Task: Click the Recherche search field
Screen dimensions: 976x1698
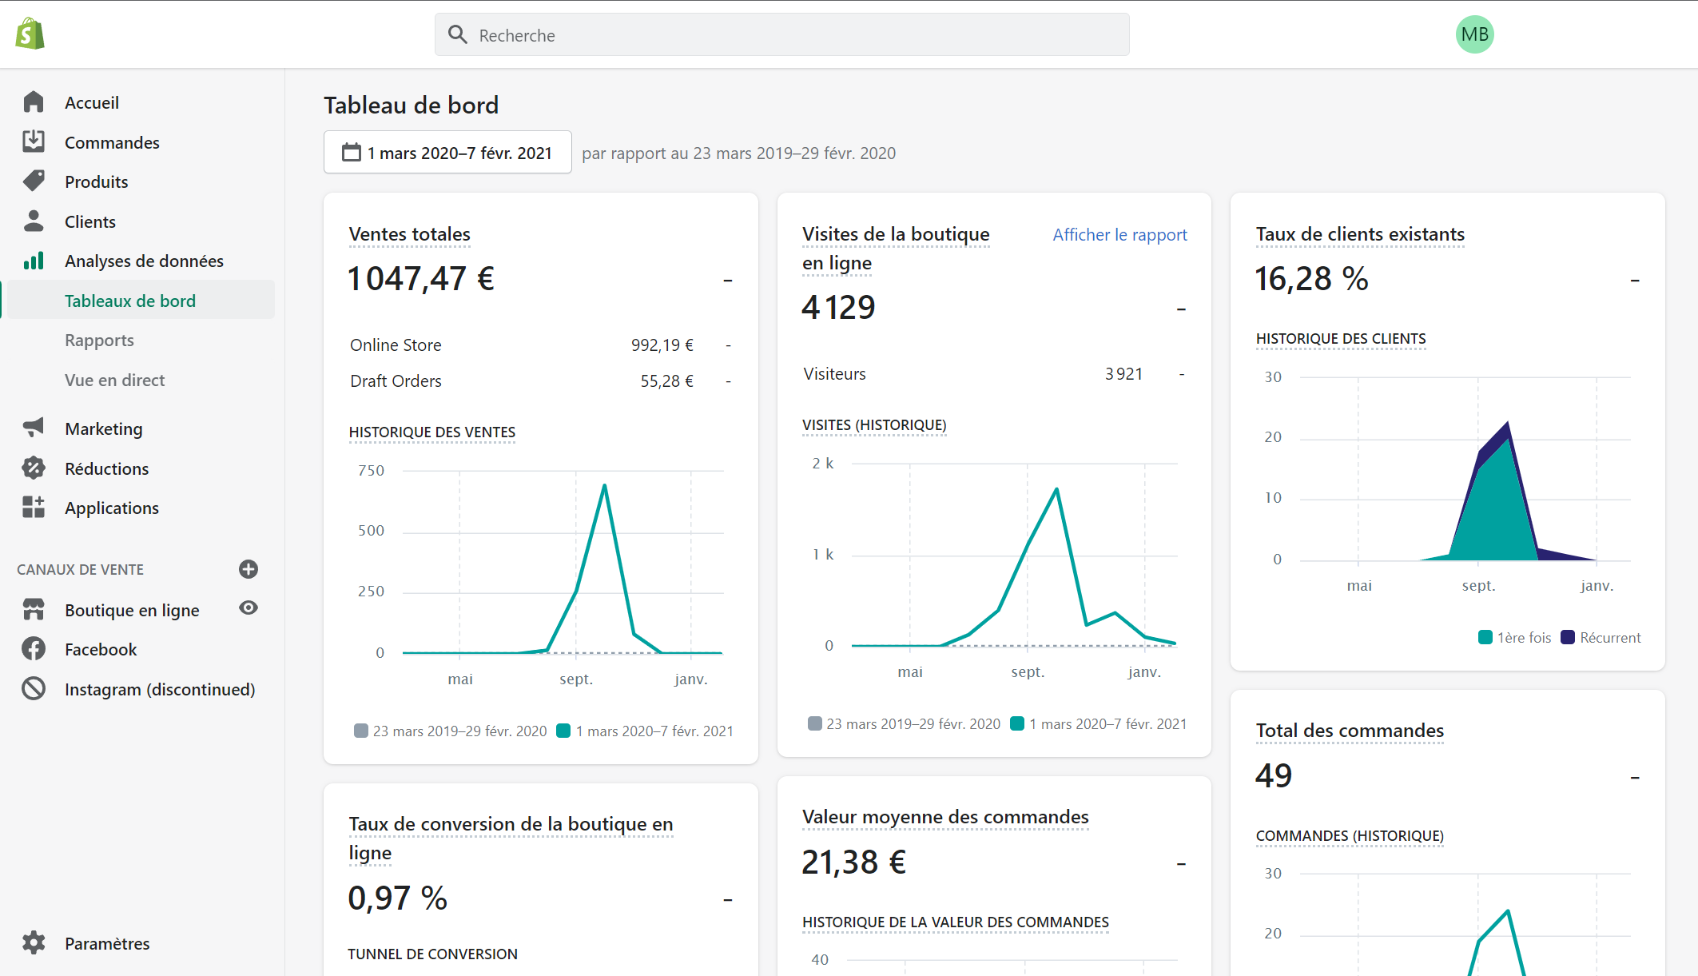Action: [781, 35]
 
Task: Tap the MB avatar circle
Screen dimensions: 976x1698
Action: [1474, 35]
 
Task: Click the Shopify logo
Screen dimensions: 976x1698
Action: [30, 34]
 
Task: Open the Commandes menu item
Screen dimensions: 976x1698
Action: [112, 142]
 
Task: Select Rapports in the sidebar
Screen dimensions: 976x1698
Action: [99, 341]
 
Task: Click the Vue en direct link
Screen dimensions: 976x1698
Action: [114, 380]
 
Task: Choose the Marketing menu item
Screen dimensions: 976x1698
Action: [103, 429]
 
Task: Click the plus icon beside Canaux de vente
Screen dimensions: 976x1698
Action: [249, 569]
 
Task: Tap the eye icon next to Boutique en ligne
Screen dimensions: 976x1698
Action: [249, 608]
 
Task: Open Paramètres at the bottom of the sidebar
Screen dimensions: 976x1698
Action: [106, 943]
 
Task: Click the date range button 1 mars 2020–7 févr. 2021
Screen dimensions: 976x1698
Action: [447, 153]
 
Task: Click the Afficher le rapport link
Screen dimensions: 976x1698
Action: [1119, 235]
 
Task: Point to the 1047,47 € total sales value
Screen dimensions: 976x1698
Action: [421, 279]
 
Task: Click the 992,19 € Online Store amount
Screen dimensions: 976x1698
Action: [662, 345]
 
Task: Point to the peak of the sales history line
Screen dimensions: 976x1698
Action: [604, 485]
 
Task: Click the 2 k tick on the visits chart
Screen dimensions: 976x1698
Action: [822, 464]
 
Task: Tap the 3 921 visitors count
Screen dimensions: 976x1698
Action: [1123, 374]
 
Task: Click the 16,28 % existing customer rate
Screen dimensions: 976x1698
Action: [1311, 279]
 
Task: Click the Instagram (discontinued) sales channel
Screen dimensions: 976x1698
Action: [159, 689]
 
